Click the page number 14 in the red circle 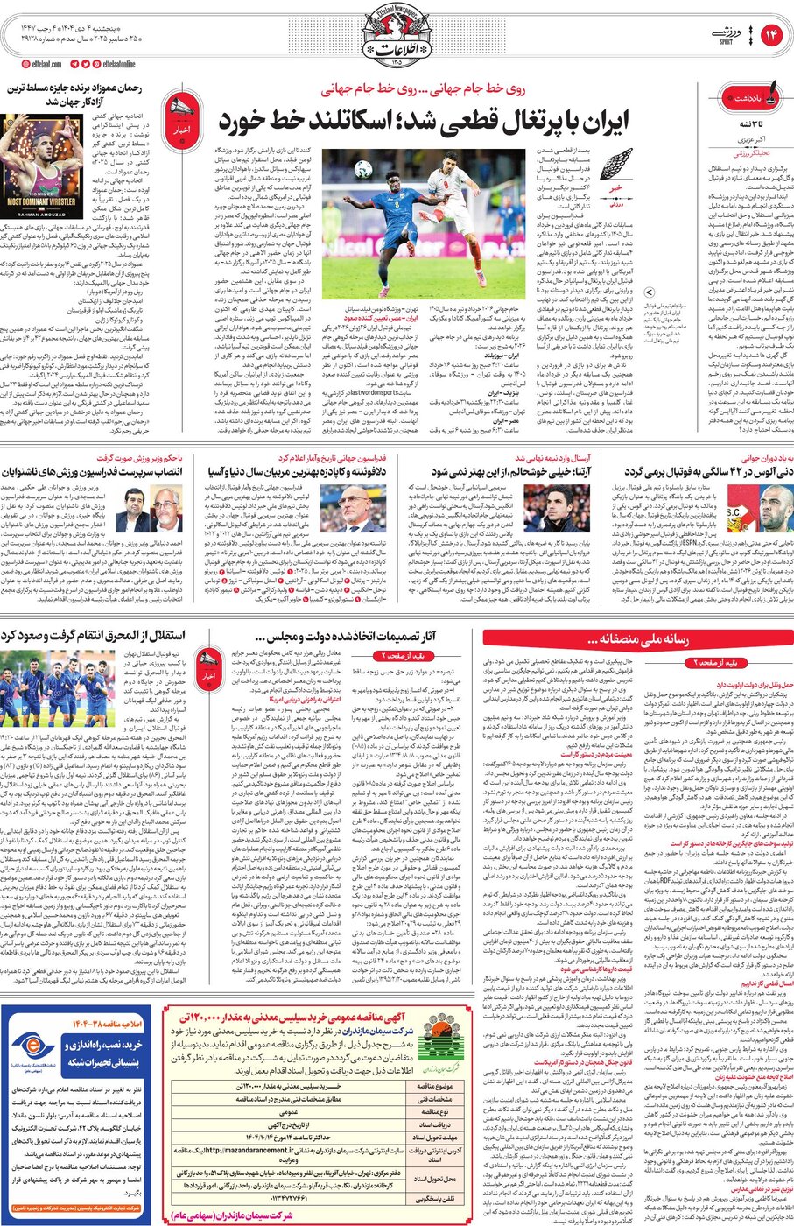pos(771,35)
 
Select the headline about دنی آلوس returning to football pos(709,471)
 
